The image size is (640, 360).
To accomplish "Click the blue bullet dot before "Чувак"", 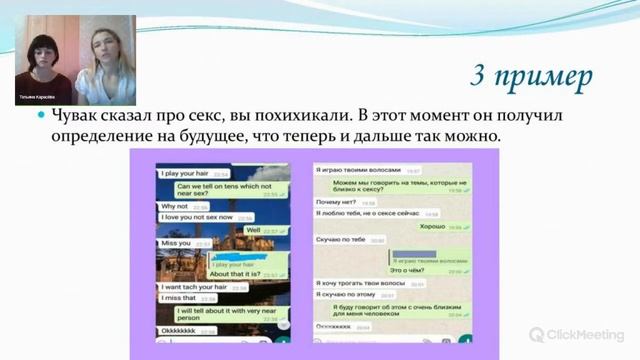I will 42,118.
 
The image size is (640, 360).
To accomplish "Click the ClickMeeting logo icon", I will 537,334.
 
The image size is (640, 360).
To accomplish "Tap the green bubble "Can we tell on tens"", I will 223,190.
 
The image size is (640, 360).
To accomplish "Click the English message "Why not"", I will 177,206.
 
